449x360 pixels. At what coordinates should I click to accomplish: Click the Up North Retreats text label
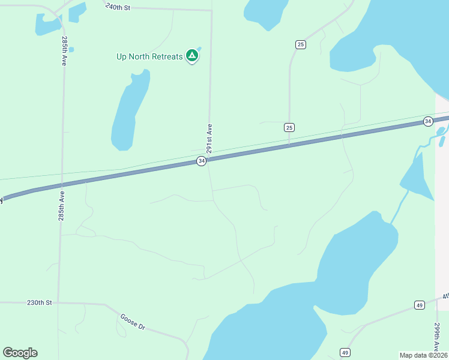(149, 57)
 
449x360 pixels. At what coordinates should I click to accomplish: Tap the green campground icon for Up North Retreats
(192, 56)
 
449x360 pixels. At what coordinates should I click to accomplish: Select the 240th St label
(117, 7)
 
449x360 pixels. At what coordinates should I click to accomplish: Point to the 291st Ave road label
(209, 138)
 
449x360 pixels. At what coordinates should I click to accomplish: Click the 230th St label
(40, 303)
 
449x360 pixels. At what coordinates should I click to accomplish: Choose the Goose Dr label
(133, 322)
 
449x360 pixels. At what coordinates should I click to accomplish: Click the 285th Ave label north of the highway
(64, 51)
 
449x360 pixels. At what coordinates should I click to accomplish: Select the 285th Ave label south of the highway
(61, 206)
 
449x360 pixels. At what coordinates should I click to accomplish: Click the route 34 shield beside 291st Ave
(201, 161)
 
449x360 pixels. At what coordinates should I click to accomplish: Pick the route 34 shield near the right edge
(427, 121)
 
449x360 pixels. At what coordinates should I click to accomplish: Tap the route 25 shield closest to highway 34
(289, 127)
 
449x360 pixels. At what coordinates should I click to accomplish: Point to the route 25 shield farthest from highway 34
(300, 44)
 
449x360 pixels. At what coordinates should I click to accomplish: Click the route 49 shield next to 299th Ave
(419, 305)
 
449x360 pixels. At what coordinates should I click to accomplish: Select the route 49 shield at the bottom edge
(345, 352)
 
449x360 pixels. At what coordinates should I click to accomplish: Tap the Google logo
(20, 352)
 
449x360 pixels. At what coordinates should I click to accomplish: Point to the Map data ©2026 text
(423, 355)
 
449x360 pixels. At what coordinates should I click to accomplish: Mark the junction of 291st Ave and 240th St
(212, 10)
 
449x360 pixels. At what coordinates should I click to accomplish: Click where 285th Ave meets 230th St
(59, 302)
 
